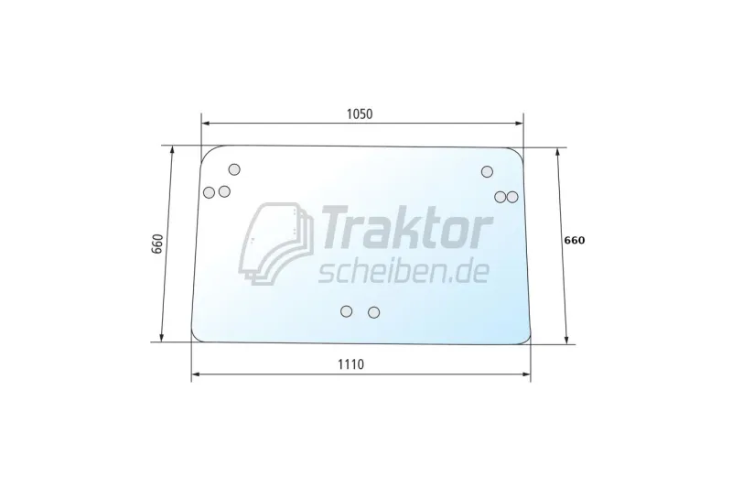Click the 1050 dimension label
click(360, 114)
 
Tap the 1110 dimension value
click(350, 364)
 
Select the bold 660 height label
click(575, 241)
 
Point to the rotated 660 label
click(157, 244)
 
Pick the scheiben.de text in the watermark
click(404, 272)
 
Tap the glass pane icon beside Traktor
click(276, 244)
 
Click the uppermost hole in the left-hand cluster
click(234, 169)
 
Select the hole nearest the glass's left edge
click(210, 192)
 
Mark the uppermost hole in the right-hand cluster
click(487, 172)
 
